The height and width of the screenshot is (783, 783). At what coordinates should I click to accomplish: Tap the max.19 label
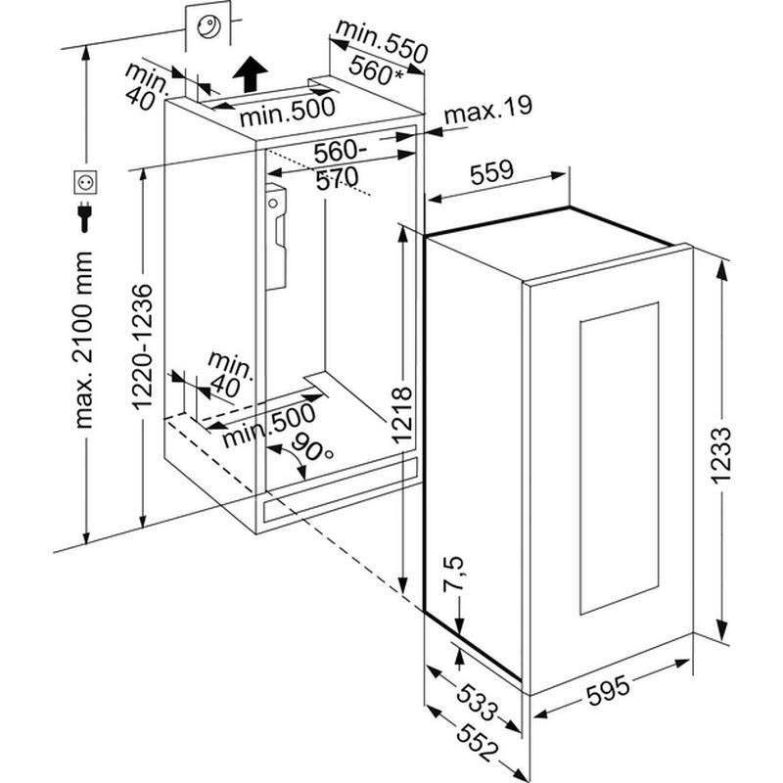487,109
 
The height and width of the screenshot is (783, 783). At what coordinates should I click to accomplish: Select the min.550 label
382,42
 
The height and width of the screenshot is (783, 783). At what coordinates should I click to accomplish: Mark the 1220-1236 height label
142,349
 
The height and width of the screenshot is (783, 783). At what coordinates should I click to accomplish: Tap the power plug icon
83,216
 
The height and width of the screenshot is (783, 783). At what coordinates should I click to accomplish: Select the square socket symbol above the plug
83,182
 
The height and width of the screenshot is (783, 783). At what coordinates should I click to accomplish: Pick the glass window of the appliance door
619,457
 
